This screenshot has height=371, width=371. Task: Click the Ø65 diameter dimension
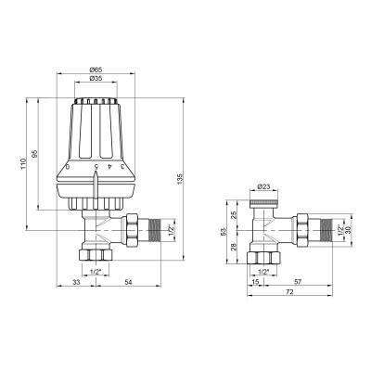pyautogui.click(x=96, y=70)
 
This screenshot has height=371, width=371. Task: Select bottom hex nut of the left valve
pyautogui.click(x=96, y=256)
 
